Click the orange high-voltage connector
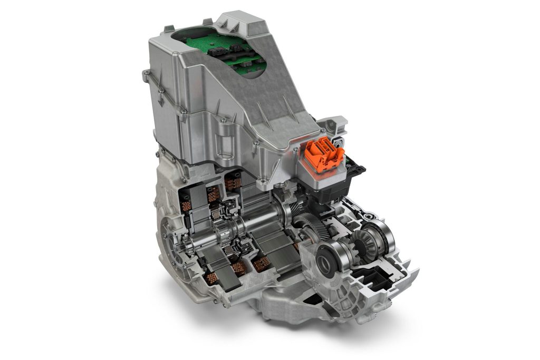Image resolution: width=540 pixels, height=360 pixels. click(324, 153)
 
